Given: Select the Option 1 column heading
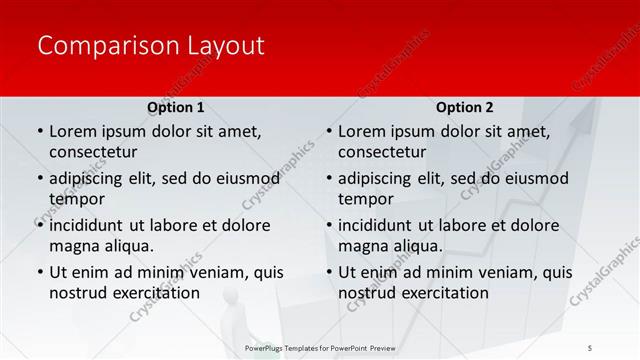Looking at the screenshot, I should [x=176, y=107].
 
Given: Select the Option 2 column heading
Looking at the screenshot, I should [x=465, y=107].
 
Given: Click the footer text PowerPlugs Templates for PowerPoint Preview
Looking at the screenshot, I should [x=320, y=347].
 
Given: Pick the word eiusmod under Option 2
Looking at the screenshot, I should [x=535, y=178].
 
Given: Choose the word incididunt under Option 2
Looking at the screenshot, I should [x=377, y=225].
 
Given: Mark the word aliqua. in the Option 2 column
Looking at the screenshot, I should [x=420, y=246].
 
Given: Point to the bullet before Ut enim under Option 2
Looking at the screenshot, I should [x=329, y=272].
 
